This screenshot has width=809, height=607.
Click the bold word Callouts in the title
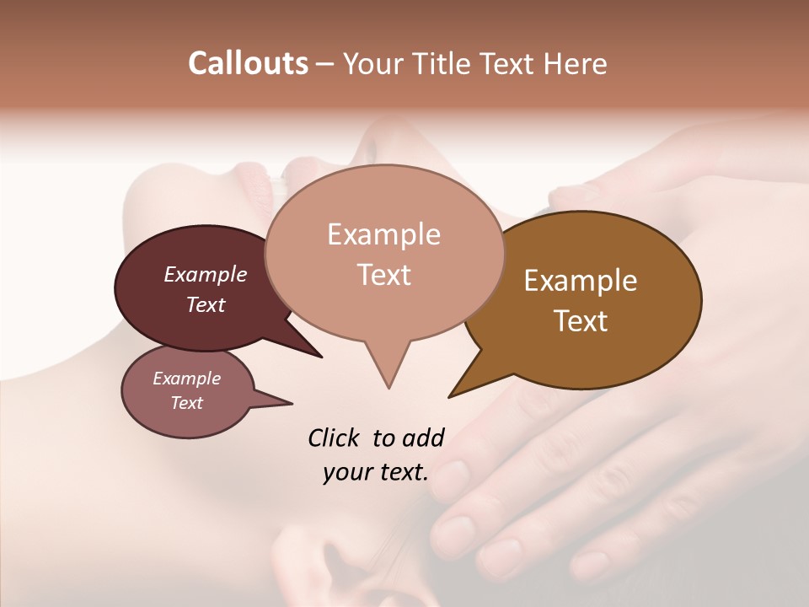click(x=248, y=63)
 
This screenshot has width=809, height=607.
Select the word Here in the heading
click(x=573, y=63)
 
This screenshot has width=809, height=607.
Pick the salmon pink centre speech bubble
click(x=383, y=312)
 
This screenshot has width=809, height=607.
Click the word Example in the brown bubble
click(x=581, y=281)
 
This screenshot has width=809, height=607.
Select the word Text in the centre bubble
click(x=383, y=275)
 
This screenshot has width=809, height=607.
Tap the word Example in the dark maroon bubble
click(x=205, y=274)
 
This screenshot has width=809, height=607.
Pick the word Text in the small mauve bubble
click(x=186, y=403)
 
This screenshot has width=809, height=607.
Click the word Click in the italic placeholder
click(x=334, y=438)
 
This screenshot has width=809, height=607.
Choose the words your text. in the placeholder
click(x=375, y=472)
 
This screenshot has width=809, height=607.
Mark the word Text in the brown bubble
click(x=581, y=321)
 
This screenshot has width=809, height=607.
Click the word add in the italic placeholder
click(x=423, y=438)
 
